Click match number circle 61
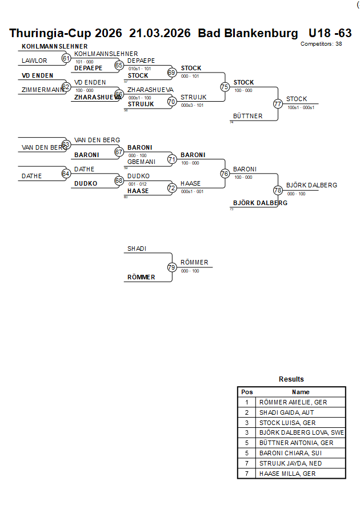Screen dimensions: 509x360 point(66,58)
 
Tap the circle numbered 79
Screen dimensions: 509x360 point(171,267)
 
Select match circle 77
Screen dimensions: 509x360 point(278,104)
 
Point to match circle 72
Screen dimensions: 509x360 point(171,188)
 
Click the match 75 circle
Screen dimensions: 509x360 point(225,87)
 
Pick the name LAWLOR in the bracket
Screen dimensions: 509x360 point(34,61)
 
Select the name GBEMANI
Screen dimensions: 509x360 point(141,162)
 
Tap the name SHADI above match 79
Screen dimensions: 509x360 point(137,249)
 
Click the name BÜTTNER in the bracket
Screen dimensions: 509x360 point(248,116)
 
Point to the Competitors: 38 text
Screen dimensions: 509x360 point(321,44)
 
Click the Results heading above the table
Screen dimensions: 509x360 point(291,379)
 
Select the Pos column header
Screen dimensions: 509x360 point(247,392)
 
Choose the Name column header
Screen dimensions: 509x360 point(301,392)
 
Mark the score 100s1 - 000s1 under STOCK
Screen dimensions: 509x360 point(301,107)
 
